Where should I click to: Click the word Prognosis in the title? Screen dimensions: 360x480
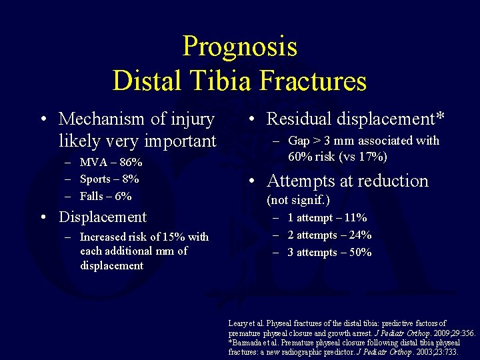point(239,47)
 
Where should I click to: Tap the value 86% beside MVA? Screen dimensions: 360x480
point(131,163)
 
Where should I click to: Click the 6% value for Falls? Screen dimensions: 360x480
point(123,196)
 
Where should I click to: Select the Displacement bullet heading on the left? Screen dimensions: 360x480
point(103,217)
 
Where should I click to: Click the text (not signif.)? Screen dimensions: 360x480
point(298,200)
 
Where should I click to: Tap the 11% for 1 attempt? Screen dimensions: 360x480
point(355,218)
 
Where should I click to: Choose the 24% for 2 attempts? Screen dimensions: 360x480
point(360,235)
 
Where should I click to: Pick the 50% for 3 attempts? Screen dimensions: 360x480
point(360,253)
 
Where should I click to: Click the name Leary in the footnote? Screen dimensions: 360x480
point(239,323)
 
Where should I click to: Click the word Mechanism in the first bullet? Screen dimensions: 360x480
point(101,119)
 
